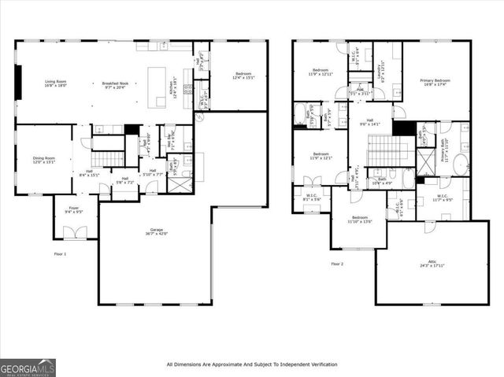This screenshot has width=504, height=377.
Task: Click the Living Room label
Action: pos(54,82)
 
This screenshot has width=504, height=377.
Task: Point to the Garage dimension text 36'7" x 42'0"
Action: pos(154,234)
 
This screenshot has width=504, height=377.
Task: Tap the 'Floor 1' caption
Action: pos(61,254)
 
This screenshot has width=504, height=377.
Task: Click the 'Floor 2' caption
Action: pos(338,264)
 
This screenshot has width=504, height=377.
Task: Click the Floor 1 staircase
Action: pos(109,144)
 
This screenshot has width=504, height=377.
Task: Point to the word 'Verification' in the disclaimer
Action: pos(317,364)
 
